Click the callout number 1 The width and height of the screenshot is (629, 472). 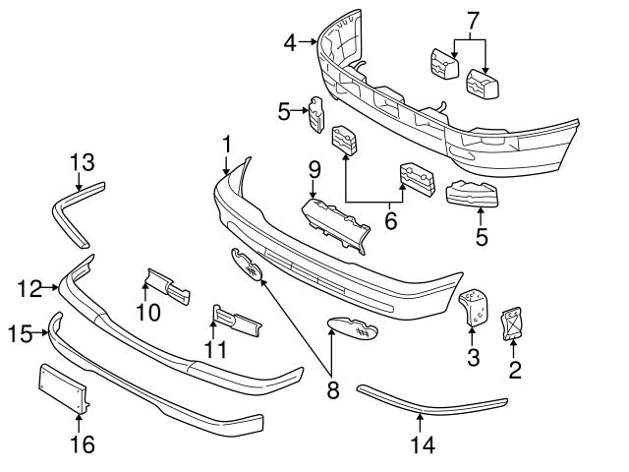point(227,145)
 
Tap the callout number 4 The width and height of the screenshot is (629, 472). point(290,41)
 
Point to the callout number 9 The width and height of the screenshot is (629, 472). point(314,169)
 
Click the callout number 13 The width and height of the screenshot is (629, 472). point(81,161)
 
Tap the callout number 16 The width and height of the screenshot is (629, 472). point(83,444)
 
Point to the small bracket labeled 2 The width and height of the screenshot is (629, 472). point(511,325)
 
